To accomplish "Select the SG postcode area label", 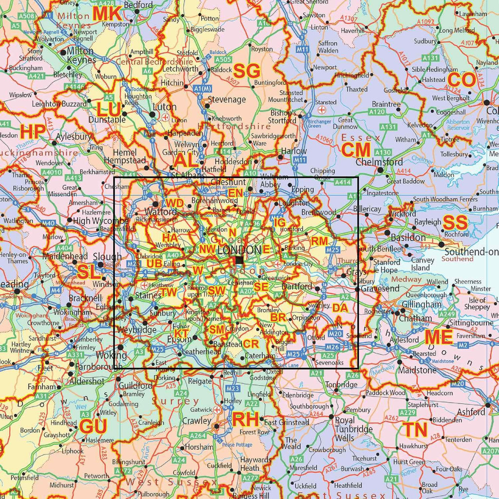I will [x=247, y=71].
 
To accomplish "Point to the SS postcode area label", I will [x=455, y=223].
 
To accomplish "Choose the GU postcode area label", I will [x=93, y=427].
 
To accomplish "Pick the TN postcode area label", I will [x=415, y=430].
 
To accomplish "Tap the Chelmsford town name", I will [x=379, y=162].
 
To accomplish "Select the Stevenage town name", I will [x=227, y=99].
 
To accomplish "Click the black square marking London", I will [x=239, y=261].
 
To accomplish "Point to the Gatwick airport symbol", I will [x=218, y=410].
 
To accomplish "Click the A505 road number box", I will [x=223, y=59].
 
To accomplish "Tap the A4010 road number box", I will [x=51, y=173].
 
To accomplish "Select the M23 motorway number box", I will [x=233, y=388].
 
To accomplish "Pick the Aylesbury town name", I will [x=74, y=137].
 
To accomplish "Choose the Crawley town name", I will [x=197, y=421].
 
